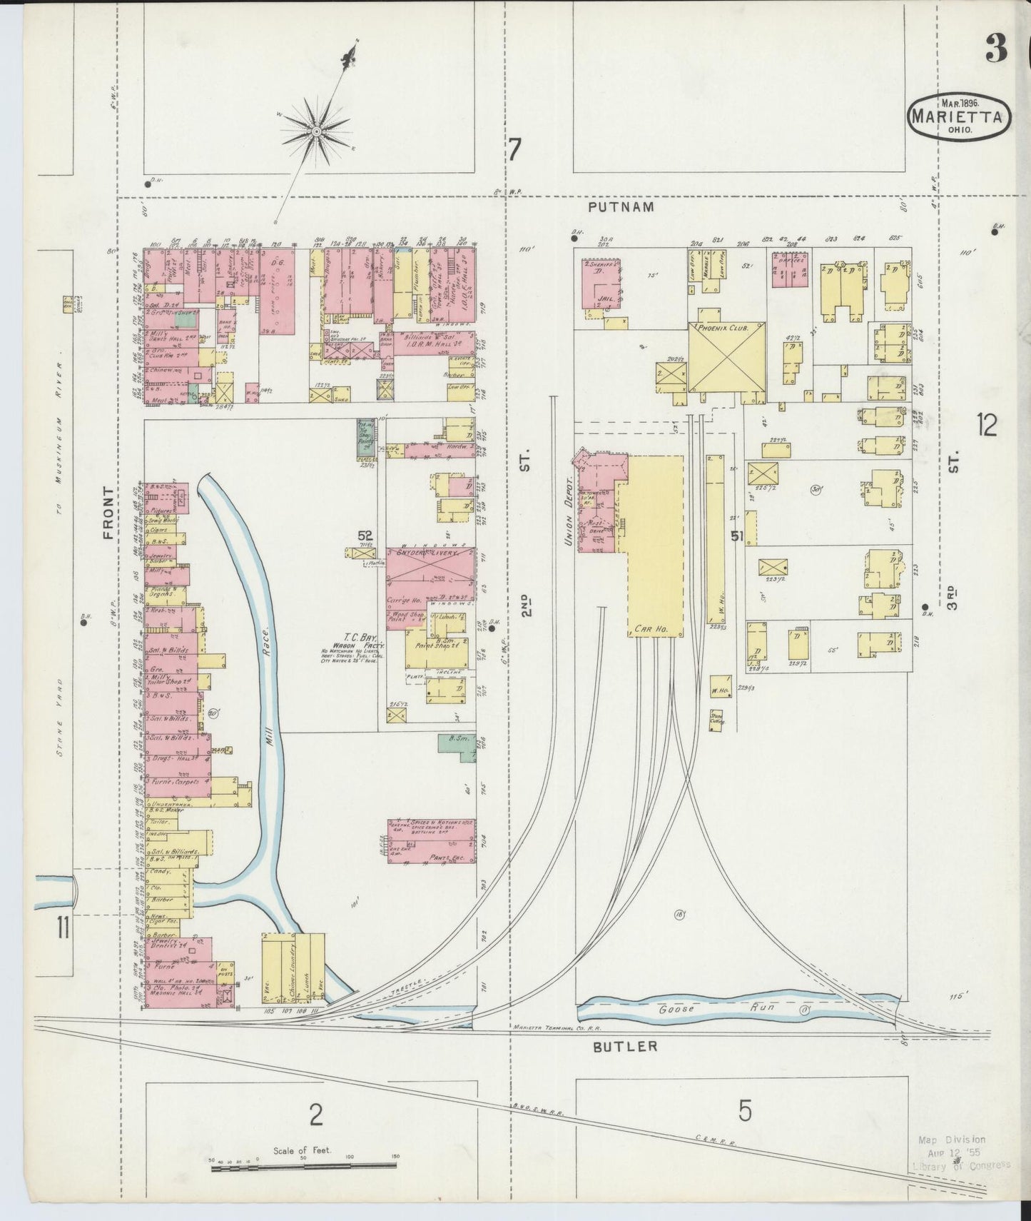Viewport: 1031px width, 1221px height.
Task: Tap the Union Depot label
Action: [570, 513]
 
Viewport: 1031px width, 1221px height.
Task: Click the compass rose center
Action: [315, 131]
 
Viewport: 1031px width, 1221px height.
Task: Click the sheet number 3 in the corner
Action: [997, 50]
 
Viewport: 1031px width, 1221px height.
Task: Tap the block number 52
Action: [366, 536]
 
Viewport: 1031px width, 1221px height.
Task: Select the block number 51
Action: [738, 535]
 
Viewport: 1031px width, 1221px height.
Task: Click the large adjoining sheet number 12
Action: [987, 426]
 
